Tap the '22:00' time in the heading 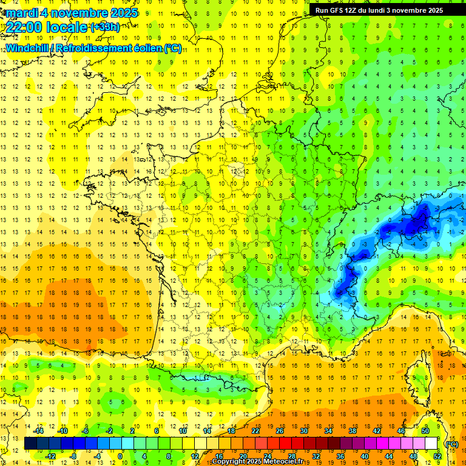(24, 27)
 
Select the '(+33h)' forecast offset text (105, 27)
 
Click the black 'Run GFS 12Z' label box (379, 10)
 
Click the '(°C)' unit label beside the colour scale (451, 444)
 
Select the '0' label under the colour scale (120, 456)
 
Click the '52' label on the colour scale (437, 456)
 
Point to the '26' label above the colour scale (280, 431)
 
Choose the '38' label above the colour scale (352, 431)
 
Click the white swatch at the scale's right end (431, 444)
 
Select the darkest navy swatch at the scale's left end (30, 444)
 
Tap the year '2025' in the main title (123, 13)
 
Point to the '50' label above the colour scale (425, 431)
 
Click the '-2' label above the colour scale (110, 431)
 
